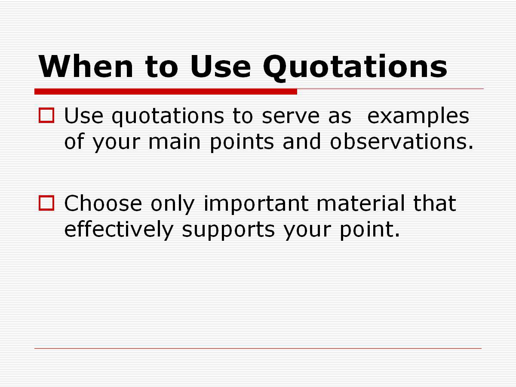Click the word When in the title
coord(86,66)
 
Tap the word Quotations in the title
coord(355,68)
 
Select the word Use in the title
coord(221,66)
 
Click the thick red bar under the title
coord(166,92)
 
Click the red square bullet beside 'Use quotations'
coord(46,115)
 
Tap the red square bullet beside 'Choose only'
coord(46,203)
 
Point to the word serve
coord(291,116)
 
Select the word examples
coord(418,117)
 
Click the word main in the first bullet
coord(175,141)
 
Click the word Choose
coord(103,203)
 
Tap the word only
coord(172,204)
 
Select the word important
coord(256,204)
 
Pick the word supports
coord(228,231)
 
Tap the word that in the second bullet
coord(435,203)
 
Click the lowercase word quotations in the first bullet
coord(168,117)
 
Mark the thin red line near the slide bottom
coord(258,348)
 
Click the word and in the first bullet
coord(302,141)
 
